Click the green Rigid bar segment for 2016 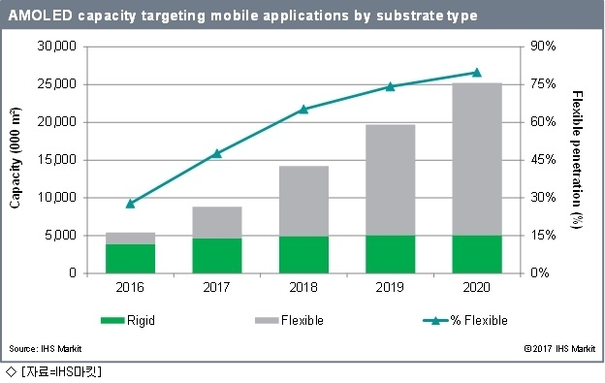click(131, 259)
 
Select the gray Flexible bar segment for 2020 click(477, 159)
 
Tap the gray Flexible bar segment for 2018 click(303, 201)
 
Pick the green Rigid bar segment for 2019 click(391, 254)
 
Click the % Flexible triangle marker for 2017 click(217, 153)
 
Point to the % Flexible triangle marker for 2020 click(477, 73)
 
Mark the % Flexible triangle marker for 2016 click(131, 204)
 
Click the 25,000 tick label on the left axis click(56, 84)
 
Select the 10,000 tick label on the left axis click(56, 198)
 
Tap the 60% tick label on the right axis click(543, 122)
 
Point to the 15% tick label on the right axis click(543, 236)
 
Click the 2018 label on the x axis click(303, 287)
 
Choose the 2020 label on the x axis click(476, 287)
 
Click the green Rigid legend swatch click(112, 321)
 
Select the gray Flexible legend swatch click(267, 321)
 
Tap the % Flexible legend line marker click(435, 321)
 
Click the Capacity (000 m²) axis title click(15, 158)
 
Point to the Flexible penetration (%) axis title click(577, 160)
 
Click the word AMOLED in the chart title click(40, 16)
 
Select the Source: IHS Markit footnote click(46, 349)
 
